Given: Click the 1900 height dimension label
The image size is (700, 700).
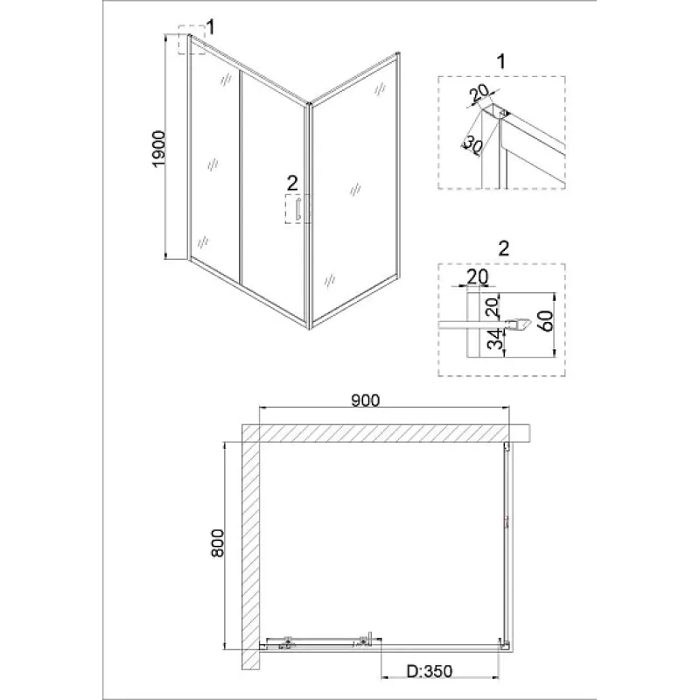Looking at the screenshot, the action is pyautogui.click(x=159, y=149).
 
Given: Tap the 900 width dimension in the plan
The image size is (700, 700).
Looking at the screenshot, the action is pyautogui.click(x=365, y=401).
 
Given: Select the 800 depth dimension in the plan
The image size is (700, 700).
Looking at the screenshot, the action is pyautogui.click(x=217, y=542).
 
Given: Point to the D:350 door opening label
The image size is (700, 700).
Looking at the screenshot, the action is pyautogui.click(x=430, y=671).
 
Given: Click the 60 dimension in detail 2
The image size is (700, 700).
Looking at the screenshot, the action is pyautogui.click(x=545, y=320).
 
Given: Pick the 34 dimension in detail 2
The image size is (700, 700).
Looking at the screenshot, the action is pyautogui.click(x=494, y=339).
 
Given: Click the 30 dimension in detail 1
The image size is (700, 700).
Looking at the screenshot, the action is pyautogui.click(x=472, y=144).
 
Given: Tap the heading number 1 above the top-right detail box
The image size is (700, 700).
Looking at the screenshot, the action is pyautogui.click(x=501, y=61).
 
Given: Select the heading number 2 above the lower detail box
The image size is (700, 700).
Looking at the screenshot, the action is pyautogui.click(x=503, y=248).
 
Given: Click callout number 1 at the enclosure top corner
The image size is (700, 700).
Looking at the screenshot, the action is pyautogui.click(x=211, y=27).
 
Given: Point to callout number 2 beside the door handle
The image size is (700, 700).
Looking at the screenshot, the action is pyautogui.click(x=292, y=183).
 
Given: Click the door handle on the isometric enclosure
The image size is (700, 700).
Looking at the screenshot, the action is pyautogui.click(x=297, y=209).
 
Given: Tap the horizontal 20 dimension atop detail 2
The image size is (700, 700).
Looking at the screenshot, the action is pyautogui.click(x=477, y=276).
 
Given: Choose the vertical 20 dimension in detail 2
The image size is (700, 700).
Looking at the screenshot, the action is pyautogui.click(x=492, y=307).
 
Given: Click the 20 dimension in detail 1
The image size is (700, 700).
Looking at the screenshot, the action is pyautogui.click(x=480, y=94).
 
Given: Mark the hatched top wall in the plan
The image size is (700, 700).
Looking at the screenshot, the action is pyautogui.click(x=386, y=433).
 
